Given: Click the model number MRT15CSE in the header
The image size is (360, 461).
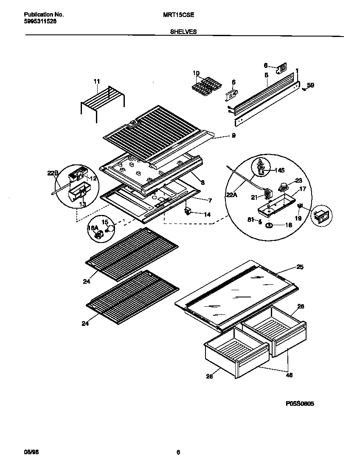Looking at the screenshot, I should click(x=179, y=14).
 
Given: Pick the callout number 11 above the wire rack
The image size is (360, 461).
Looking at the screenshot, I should click(x=97, y=81).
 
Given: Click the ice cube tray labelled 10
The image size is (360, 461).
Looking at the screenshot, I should click(x=206, y=85).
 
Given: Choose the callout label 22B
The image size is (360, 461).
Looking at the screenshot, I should click(x=52, y=173).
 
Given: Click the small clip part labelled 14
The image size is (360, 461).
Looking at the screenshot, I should click(x=187, y=212).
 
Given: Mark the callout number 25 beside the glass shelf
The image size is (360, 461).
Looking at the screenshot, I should click(x=300, y=267).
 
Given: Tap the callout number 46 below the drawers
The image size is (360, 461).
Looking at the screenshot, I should click(x=289, y=375).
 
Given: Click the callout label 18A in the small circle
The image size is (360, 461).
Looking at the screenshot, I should click(x=93, y=228).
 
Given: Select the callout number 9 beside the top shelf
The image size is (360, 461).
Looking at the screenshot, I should click(x=233, y=136).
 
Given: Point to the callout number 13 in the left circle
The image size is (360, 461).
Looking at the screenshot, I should click(x=82, y=204).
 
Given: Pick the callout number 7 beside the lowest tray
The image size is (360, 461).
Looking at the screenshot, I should click(x=209, y=200).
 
